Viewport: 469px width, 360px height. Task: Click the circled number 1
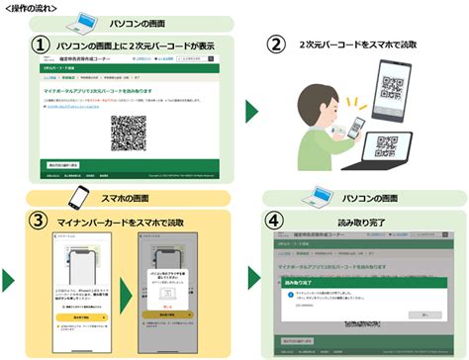click(x=40, y=45)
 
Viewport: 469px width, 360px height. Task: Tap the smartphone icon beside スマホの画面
click(x=82, y=194)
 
